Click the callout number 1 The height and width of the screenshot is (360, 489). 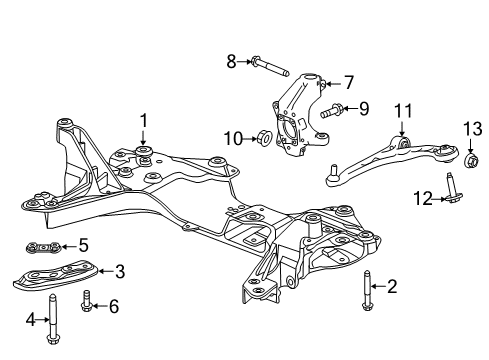pos(143,121)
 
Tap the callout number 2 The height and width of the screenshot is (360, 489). pos(392,288)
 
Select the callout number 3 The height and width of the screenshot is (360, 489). pos(119,270)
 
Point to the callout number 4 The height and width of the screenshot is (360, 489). pos(31,321)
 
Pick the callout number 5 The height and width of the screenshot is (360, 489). pos(83,244)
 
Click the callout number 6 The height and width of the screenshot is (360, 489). pos(113,307)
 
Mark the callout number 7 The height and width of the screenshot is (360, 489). pos(349,82)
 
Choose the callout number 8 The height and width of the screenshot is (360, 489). pos(231,62)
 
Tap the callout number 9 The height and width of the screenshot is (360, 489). pos(364,108)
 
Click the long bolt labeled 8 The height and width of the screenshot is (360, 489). pos(269,68)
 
